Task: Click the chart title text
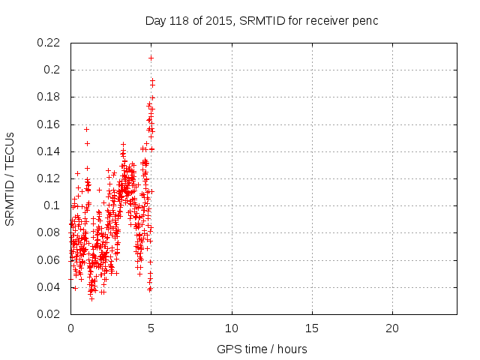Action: coord(261,20)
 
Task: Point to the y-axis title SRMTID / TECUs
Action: coord(10,178)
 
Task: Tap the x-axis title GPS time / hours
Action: coord(262,349)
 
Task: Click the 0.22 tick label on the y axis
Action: coord(49,43)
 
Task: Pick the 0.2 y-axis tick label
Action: coord(52,70)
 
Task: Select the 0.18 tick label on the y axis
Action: coord(49,97)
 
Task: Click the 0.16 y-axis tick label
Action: coord(49,124)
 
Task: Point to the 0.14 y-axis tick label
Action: coord(49,151)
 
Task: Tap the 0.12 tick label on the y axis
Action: coord(49,178)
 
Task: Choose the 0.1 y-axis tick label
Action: coord(52,205)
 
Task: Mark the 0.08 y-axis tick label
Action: coord(49,233)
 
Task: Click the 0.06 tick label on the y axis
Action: coord(49,260)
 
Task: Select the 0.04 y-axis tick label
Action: coord(49,287)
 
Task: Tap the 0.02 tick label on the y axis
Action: coord(49,314)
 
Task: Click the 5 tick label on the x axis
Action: coord(151,328)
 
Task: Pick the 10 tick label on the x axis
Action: coord(232,328)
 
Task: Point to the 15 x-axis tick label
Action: coord(312,328)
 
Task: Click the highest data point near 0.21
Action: coord(151,58)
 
